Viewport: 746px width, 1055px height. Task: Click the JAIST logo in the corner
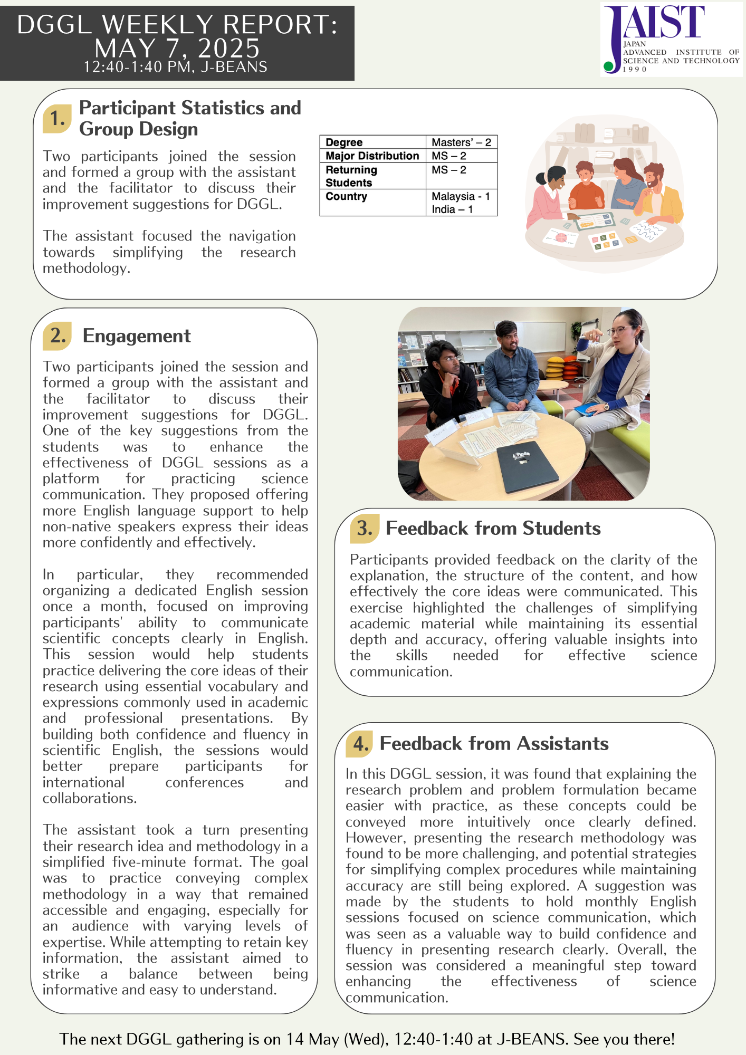click(x=671, y=39)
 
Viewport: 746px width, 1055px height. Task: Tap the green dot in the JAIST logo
click(x=609, y=66)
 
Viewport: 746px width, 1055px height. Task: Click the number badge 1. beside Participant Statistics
click(x=57, y=119)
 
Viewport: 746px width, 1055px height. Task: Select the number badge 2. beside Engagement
click(x=58, y=336)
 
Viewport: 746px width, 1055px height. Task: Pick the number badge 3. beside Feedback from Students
click(x=365, y=529)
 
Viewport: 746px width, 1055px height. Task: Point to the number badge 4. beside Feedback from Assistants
click(x=360, y=744)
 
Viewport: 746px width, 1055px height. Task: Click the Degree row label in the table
click(x=344, y=142)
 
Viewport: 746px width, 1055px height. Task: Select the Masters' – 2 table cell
click(x=461, y=142)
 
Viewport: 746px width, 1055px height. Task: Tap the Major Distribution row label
click(x=372, y=156)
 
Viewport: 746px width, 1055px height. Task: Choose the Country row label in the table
click(x=346, y=197)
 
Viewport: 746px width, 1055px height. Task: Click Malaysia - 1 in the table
click(x=461, y=197)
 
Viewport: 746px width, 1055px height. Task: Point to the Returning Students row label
click(x=351, y=176)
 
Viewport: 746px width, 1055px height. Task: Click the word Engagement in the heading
click(x=137, y=336)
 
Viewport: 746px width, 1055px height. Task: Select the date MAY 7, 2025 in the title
click(x=177, y=49)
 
